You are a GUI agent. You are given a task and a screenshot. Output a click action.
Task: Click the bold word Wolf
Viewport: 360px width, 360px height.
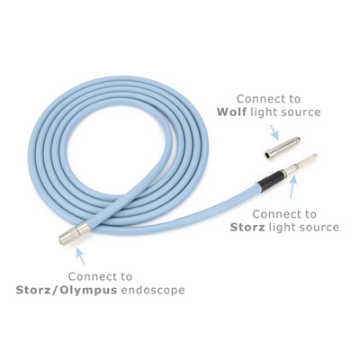(x=231, y=112)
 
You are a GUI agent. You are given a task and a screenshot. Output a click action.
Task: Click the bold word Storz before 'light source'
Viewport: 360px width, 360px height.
(x=247, y=227)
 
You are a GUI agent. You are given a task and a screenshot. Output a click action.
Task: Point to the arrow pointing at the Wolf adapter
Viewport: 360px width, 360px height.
(x=274, y=132)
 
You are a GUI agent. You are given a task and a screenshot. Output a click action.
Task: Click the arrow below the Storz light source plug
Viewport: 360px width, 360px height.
(x=293, y=186)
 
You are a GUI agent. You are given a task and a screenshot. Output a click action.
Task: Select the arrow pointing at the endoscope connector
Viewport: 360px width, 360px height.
(x=79, y=256)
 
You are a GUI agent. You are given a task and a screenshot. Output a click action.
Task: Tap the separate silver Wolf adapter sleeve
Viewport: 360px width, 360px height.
(x=282, y=147)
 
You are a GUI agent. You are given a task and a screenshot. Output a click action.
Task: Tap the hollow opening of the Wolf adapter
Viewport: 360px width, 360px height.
(x=267, y=155)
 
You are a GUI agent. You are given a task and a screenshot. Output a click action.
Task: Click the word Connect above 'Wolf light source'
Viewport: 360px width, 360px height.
(x=268, y=99)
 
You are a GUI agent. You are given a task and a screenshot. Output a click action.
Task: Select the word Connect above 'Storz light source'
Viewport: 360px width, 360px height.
(x=284, y=214)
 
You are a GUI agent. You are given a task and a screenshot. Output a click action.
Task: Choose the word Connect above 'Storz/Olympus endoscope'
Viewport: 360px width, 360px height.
(x=100, y=276)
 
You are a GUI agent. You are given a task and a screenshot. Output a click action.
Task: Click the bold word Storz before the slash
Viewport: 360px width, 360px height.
(x=33, y=290)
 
